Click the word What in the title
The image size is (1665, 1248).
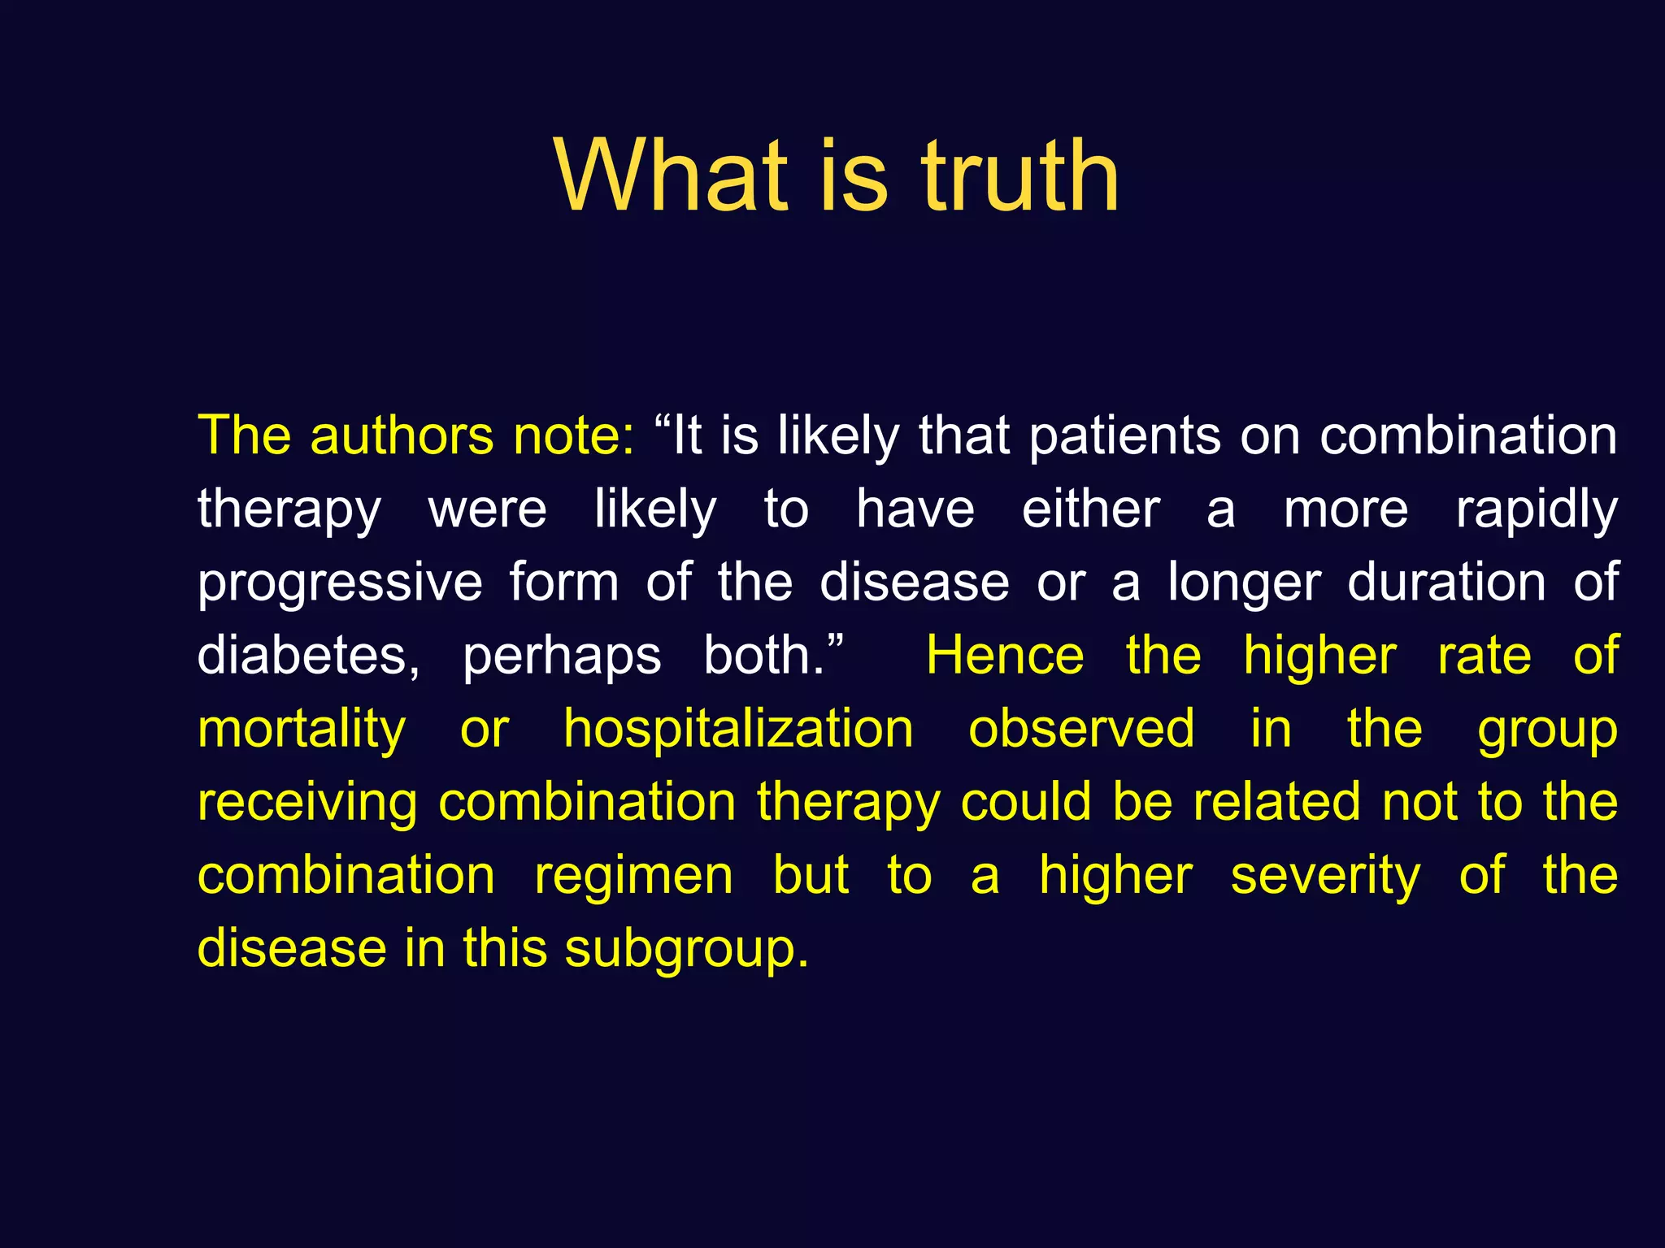point(672,176)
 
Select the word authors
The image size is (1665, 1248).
point(402,436)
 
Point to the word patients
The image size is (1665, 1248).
point(1125,436)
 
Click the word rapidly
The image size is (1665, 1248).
point(1537,510)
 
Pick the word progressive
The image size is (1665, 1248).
point(340,583)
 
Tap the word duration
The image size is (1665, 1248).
point(1446,582)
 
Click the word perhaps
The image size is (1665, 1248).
point(562,656)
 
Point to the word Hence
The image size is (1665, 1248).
point(1005,655)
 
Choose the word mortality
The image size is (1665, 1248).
point(302,730)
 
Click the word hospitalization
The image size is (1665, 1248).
point(738,730)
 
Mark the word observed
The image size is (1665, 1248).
point(1081,728)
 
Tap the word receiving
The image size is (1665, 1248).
point(307,803)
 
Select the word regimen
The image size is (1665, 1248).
point(633,876)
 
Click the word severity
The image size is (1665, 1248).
point(1325,876)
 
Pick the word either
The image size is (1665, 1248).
point(1091,509)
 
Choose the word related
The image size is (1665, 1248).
point(1276,801)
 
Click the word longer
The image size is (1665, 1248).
point(1244,583)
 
